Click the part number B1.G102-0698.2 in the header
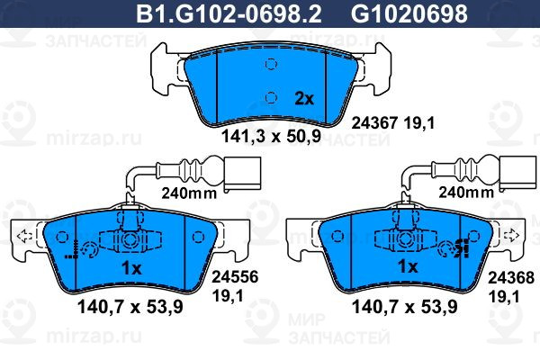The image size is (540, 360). (x=229, y=13)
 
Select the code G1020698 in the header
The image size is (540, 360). (x=409, y=13)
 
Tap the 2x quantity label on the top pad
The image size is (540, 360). (x=304, y=99)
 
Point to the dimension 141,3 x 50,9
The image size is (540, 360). (x=272, y=136)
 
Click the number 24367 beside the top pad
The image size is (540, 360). (x=374, y=122)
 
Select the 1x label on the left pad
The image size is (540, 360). (x=131, y=267)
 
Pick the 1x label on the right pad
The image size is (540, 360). (x=408, y=266)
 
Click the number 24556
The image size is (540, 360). (x=235, y=276)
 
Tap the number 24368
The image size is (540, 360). (x=511, y=278)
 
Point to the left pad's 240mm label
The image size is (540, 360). (x=189, y=193)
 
